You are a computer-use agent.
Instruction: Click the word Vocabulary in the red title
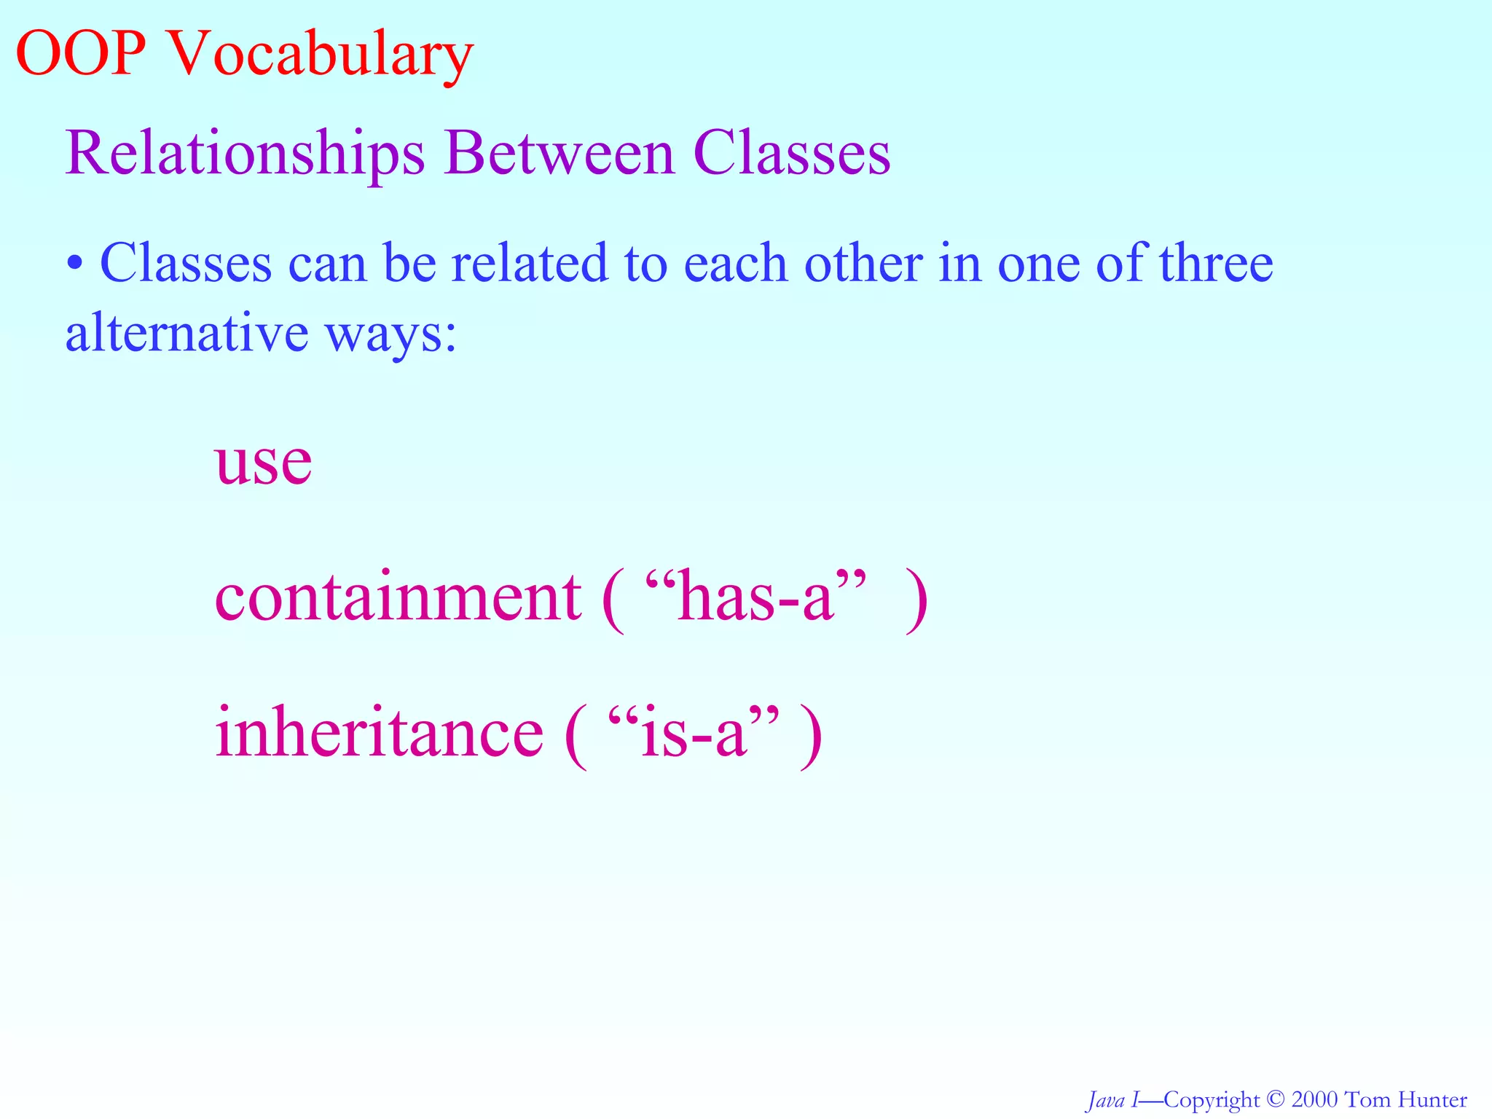click(321, 57)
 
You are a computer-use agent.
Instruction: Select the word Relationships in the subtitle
click(245, 154)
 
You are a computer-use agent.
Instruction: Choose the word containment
click(398, 597)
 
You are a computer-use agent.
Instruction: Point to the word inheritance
click(379, 732)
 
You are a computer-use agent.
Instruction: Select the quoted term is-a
click(693, 732)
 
